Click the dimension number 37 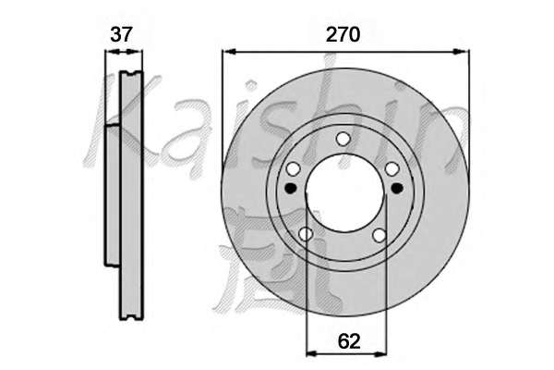tap(121, 35)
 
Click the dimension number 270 tap(343, 35)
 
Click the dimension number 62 tap(349, 341)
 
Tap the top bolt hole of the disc tap(343, 139)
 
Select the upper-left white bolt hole tap(293, 169)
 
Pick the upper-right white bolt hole tap(391, 169)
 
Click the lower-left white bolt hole tap(306, 234)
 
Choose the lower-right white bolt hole tap(379, 235)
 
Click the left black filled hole tap(291, 188)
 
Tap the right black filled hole tap(397, 188)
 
